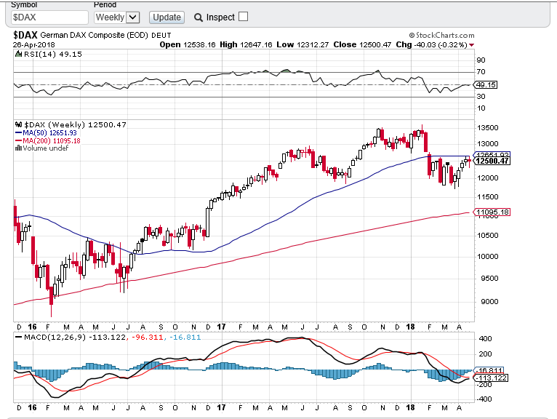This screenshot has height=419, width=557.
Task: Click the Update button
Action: click(167, 17)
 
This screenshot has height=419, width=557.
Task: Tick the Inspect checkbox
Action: click(243, 17)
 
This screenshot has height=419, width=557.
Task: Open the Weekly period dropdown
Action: click(117, 17)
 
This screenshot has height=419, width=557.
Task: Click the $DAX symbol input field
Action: click(49, 17)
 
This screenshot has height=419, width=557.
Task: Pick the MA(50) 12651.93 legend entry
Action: click(50, 132)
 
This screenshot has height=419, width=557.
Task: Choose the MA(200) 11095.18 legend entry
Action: click(52, 140)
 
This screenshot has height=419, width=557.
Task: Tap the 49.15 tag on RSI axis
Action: click(484, 84)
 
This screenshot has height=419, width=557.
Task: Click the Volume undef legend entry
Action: click(44, 148)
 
